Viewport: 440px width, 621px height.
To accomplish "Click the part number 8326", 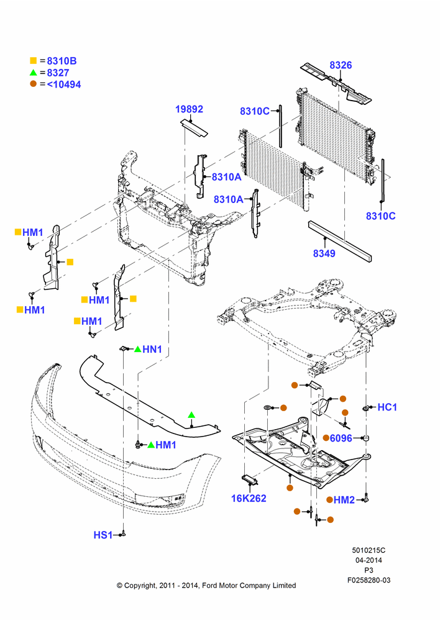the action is click(341, 65).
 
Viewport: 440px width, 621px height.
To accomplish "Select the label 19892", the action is click(189, 109).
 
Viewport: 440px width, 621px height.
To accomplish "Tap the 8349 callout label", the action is click(324, 253).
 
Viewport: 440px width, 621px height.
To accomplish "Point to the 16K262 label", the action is click(249, 498).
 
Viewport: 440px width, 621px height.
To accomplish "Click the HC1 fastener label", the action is click(387, 407).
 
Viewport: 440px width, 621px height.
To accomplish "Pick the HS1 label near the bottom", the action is click(103, 535).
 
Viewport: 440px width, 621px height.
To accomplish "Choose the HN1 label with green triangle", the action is click(152, 349).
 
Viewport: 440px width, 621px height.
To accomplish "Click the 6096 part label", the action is click(341, 438).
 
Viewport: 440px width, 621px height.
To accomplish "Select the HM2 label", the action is click(344, 500).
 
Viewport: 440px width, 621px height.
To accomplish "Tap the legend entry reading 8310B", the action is click(62, 61).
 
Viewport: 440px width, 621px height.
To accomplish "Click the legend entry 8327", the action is click(58, 73).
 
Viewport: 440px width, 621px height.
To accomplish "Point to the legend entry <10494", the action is click(64, 84).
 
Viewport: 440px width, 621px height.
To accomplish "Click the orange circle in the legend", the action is click(34, 84).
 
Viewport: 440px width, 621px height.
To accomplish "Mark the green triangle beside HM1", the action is click(150, 445).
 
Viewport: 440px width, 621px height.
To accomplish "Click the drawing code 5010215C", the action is click(369, 550).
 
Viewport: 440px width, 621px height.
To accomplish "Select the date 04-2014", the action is click(369, 560).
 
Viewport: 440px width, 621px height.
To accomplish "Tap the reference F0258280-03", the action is click(369, 580).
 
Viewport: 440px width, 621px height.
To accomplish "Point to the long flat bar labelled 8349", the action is click(340, 241).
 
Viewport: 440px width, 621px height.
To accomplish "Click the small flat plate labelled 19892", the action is click(195, 127).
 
